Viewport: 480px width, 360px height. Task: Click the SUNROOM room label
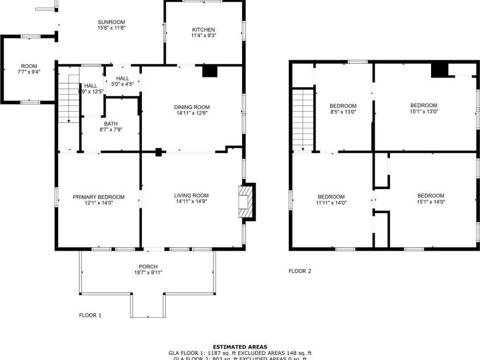[x=111, y=22]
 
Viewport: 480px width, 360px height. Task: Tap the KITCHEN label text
[x=203, y=30]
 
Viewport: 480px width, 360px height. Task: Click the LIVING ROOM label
[x=191, y=196]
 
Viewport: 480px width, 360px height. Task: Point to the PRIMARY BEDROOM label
[x=99, y=197]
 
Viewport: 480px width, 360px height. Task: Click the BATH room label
[x=110, y=124]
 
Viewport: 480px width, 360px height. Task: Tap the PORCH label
[x=148, y=267]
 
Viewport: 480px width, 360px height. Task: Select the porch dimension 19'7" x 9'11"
[x=148, y=272]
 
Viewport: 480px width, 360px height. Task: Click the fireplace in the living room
[x=245, y=201]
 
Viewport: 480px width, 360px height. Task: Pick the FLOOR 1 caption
[x=90, y=314]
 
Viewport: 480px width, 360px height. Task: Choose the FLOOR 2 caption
[x=300, y=271]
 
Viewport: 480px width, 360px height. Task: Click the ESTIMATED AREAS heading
[x=240, y=346]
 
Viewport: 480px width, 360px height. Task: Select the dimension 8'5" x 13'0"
[x=343, y=112]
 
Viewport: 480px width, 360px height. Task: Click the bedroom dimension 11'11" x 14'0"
[x=331, y=202]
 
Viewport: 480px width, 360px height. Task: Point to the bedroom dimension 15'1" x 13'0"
[x=424, y=112]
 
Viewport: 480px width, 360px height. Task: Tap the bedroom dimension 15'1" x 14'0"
[x=430, y=201]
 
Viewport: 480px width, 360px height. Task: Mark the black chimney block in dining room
[x=210, y=71]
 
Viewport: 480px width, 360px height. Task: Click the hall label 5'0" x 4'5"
[x=122, y=84]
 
